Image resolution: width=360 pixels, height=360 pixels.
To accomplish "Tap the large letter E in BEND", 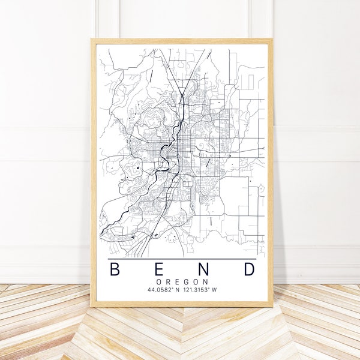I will (x=158, y=269).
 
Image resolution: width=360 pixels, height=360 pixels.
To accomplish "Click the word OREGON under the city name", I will (x=182, y=282).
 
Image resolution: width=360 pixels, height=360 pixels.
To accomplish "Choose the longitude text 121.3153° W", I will (x=202, y=291).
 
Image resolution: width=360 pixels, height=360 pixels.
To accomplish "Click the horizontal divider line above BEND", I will (x=182, y=259).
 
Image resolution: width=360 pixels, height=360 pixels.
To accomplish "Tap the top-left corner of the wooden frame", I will (x=92, y=40).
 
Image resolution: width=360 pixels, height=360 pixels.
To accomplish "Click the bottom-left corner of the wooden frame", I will (x=92, y=306).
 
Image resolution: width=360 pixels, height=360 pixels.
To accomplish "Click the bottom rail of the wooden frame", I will (x=182, y=305).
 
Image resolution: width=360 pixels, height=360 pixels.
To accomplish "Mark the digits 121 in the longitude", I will (x=191, y=291).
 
